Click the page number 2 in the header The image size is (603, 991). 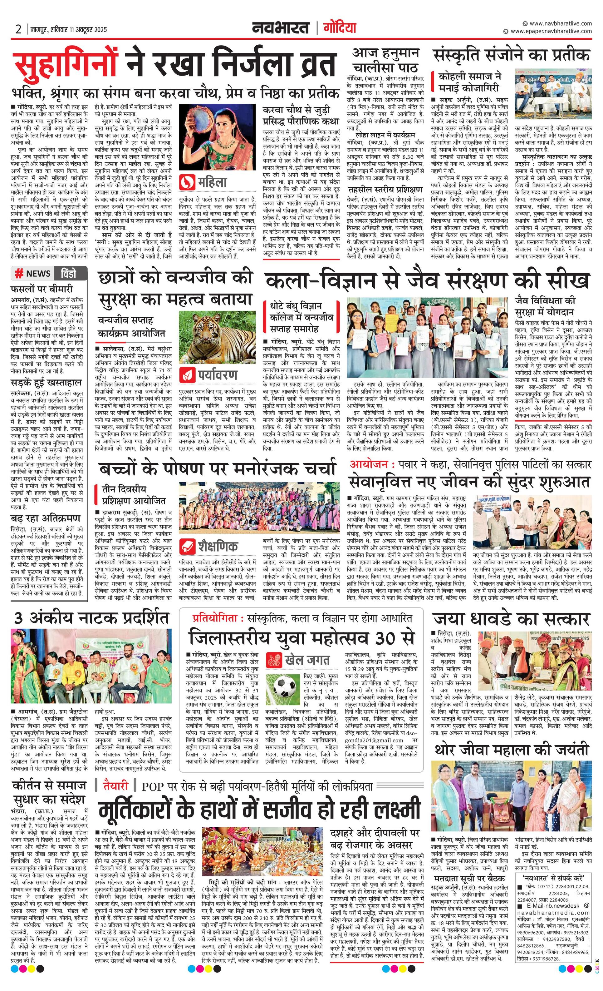[x=18, y=29]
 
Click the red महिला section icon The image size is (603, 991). [x=188, y=183]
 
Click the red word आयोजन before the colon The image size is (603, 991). [x=368, y=464]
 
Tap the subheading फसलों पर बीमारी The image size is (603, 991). [x=42, y=289]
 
